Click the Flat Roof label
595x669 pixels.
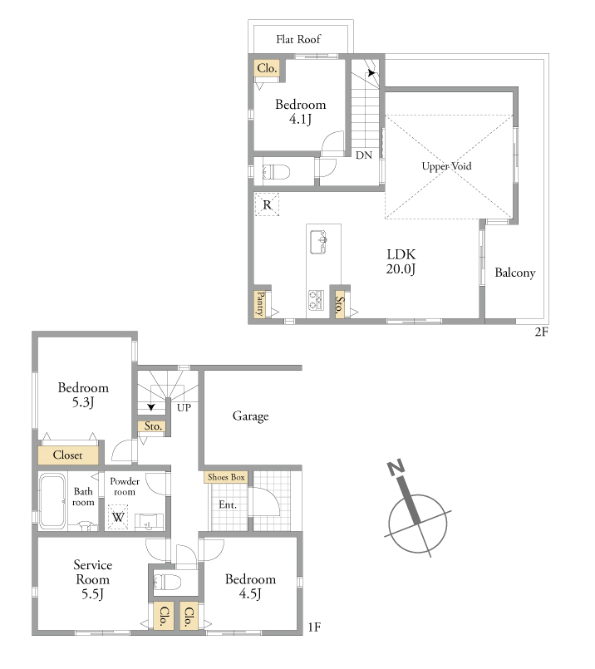tap(297, 39)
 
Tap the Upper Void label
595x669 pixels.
tap(446, 166)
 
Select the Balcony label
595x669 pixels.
tap(515, 273)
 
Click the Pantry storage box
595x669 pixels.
tap(260, 304)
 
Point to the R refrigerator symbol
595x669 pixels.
tap(267, 204)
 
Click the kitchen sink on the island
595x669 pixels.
tap(318, 243)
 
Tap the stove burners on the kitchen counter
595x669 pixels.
tap(316, 299)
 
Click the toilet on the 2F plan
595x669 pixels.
tap(276, 172)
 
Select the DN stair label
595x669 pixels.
tap(364, 155)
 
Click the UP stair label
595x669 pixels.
tap(184, 407)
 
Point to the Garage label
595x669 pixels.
tap(250, 416)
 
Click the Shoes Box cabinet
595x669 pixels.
tap(226, 477)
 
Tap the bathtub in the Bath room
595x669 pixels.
tap(52, 502)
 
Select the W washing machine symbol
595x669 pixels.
tap(118, 517)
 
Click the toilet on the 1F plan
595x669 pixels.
tap(167, 582)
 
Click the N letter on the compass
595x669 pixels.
tap(396, 468)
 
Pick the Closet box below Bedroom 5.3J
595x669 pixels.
tap(68, 455)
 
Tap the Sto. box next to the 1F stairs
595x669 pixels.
tap(153, 426)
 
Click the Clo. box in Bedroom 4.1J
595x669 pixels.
tap(267, 68)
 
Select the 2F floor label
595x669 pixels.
tap(541, 332)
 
